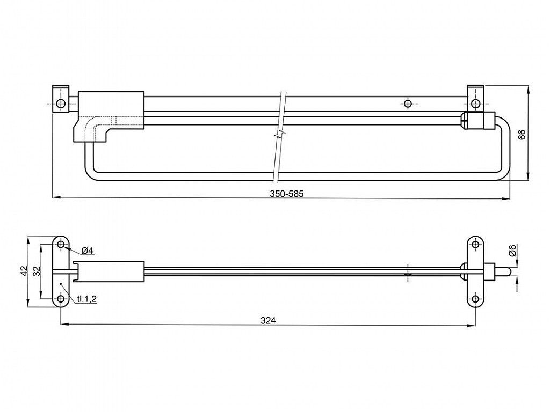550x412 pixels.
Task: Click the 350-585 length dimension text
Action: (287, 194)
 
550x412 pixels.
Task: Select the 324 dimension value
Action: (268, 320)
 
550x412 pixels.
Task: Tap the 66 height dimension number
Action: (522, 135)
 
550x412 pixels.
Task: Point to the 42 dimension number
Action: (24, 271)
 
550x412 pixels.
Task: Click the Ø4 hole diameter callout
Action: (86, 251)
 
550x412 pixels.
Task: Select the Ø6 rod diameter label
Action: (512, 251)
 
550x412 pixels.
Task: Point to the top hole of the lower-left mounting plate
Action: (61, 244)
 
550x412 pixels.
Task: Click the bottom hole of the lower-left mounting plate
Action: (61, 299)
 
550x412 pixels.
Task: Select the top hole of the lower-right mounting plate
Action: (475, 244)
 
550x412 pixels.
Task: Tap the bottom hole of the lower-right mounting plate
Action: (475, 299)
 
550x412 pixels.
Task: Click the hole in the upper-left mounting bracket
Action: (61, 104)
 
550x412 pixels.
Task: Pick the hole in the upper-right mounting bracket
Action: (475, 104)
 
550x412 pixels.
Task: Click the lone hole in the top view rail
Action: (408, 104)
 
